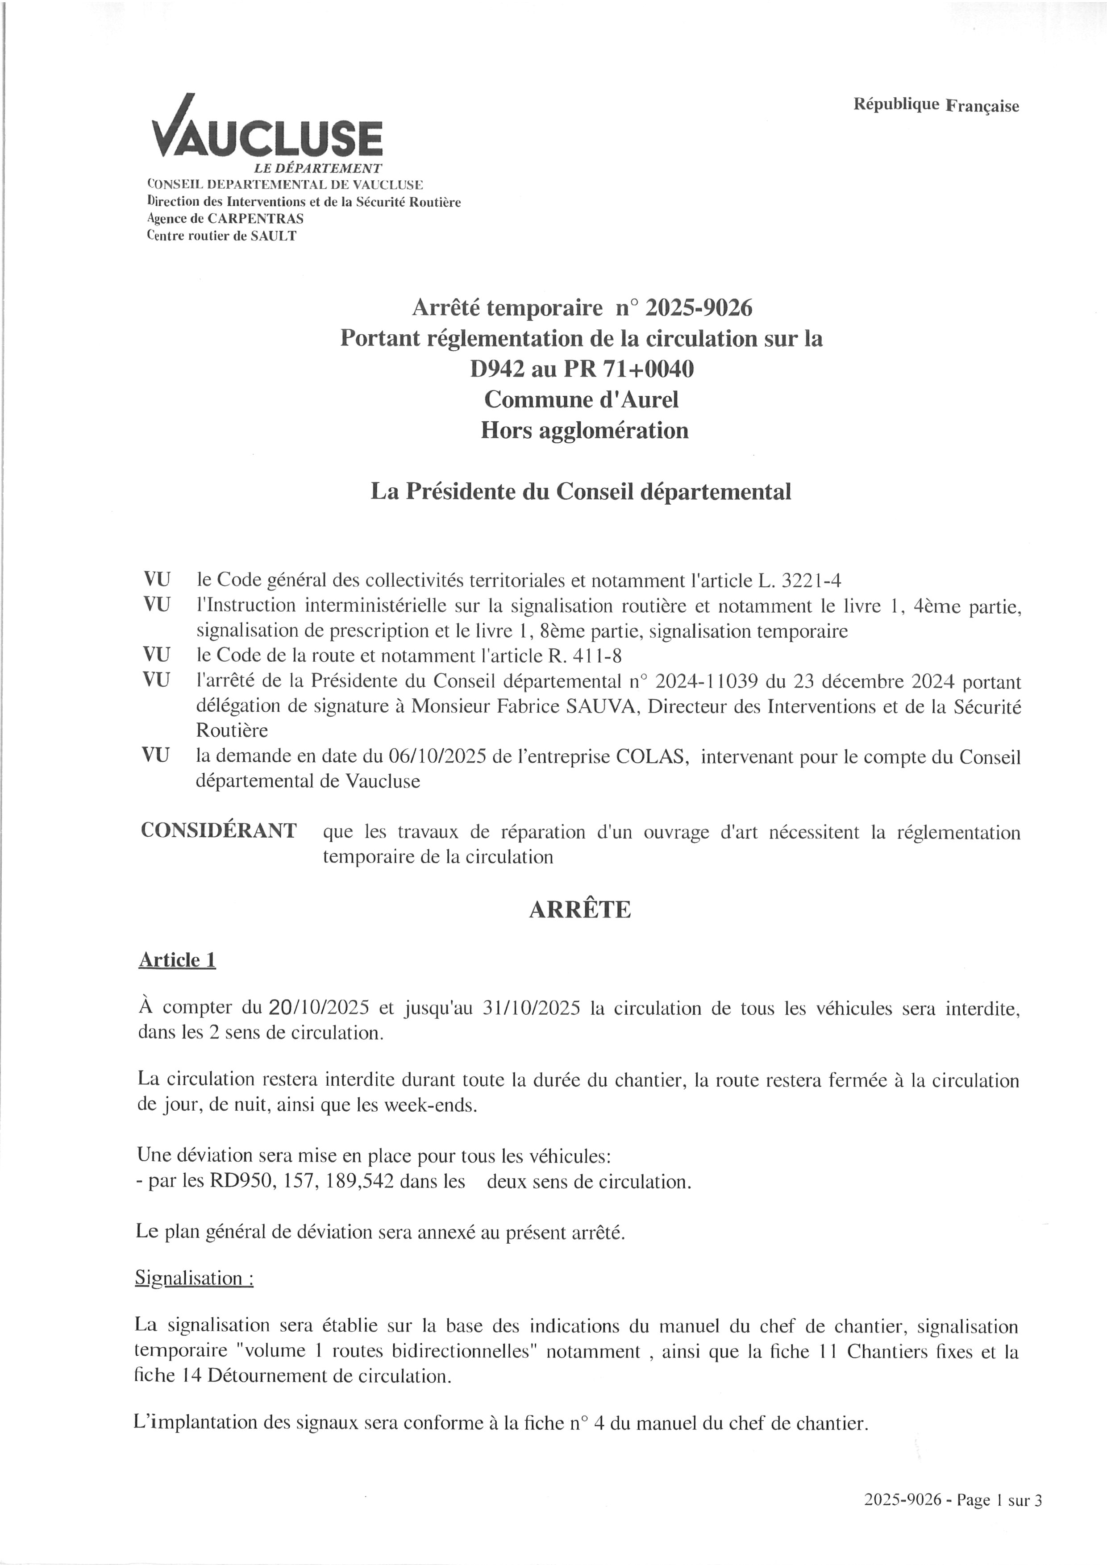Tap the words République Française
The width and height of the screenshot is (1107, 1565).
pos(936,105)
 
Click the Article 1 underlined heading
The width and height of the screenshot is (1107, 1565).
pos(177,960)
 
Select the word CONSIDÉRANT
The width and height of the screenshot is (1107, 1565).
pos(219,830)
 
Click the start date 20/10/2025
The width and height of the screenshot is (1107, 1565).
pos(319,1008)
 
